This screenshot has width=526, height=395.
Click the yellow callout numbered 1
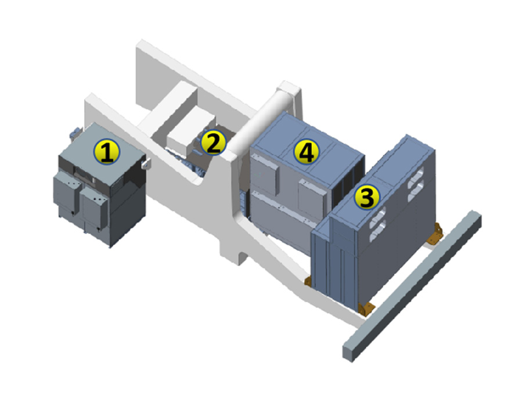[106, 152]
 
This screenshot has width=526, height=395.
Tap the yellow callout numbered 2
[213, 143]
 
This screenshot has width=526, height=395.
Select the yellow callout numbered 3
[368, 197]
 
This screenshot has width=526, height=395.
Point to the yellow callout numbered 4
[307, 152]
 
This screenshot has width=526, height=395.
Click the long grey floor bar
[412, 286]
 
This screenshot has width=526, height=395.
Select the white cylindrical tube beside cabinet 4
[254, 125]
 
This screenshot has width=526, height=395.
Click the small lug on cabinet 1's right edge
[146, 163]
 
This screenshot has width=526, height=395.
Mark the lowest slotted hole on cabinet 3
[377, 232]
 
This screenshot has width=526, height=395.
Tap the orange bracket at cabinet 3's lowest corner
[366, 308]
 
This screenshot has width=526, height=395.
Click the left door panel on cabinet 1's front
[66, 192]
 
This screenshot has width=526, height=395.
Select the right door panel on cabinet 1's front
[95, 207]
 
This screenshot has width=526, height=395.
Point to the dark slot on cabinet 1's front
[84, 174]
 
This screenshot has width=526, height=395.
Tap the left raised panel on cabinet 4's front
[265, 174]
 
